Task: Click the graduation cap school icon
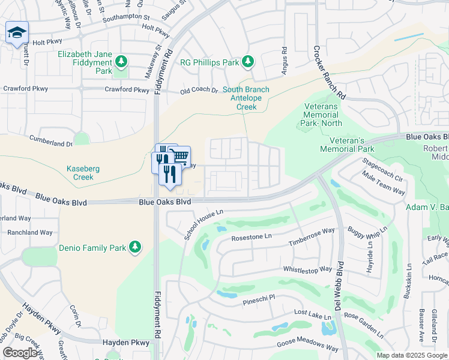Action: (x=17, y=33)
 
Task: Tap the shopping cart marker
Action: (x=180, y=157)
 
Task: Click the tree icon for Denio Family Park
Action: (x=136, y=247)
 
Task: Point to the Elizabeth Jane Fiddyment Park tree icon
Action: (x=121, y=61)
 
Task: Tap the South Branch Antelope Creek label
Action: (x=246, y=98)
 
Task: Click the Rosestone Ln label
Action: (x=252, y=237)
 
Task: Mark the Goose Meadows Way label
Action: (x=307, y=346)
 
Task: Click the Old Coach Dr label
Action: (x=200, y=90)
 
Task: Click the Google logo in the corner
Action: (x=20, y=353)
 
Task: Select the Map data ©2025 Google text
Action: (x=412, y=355)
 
